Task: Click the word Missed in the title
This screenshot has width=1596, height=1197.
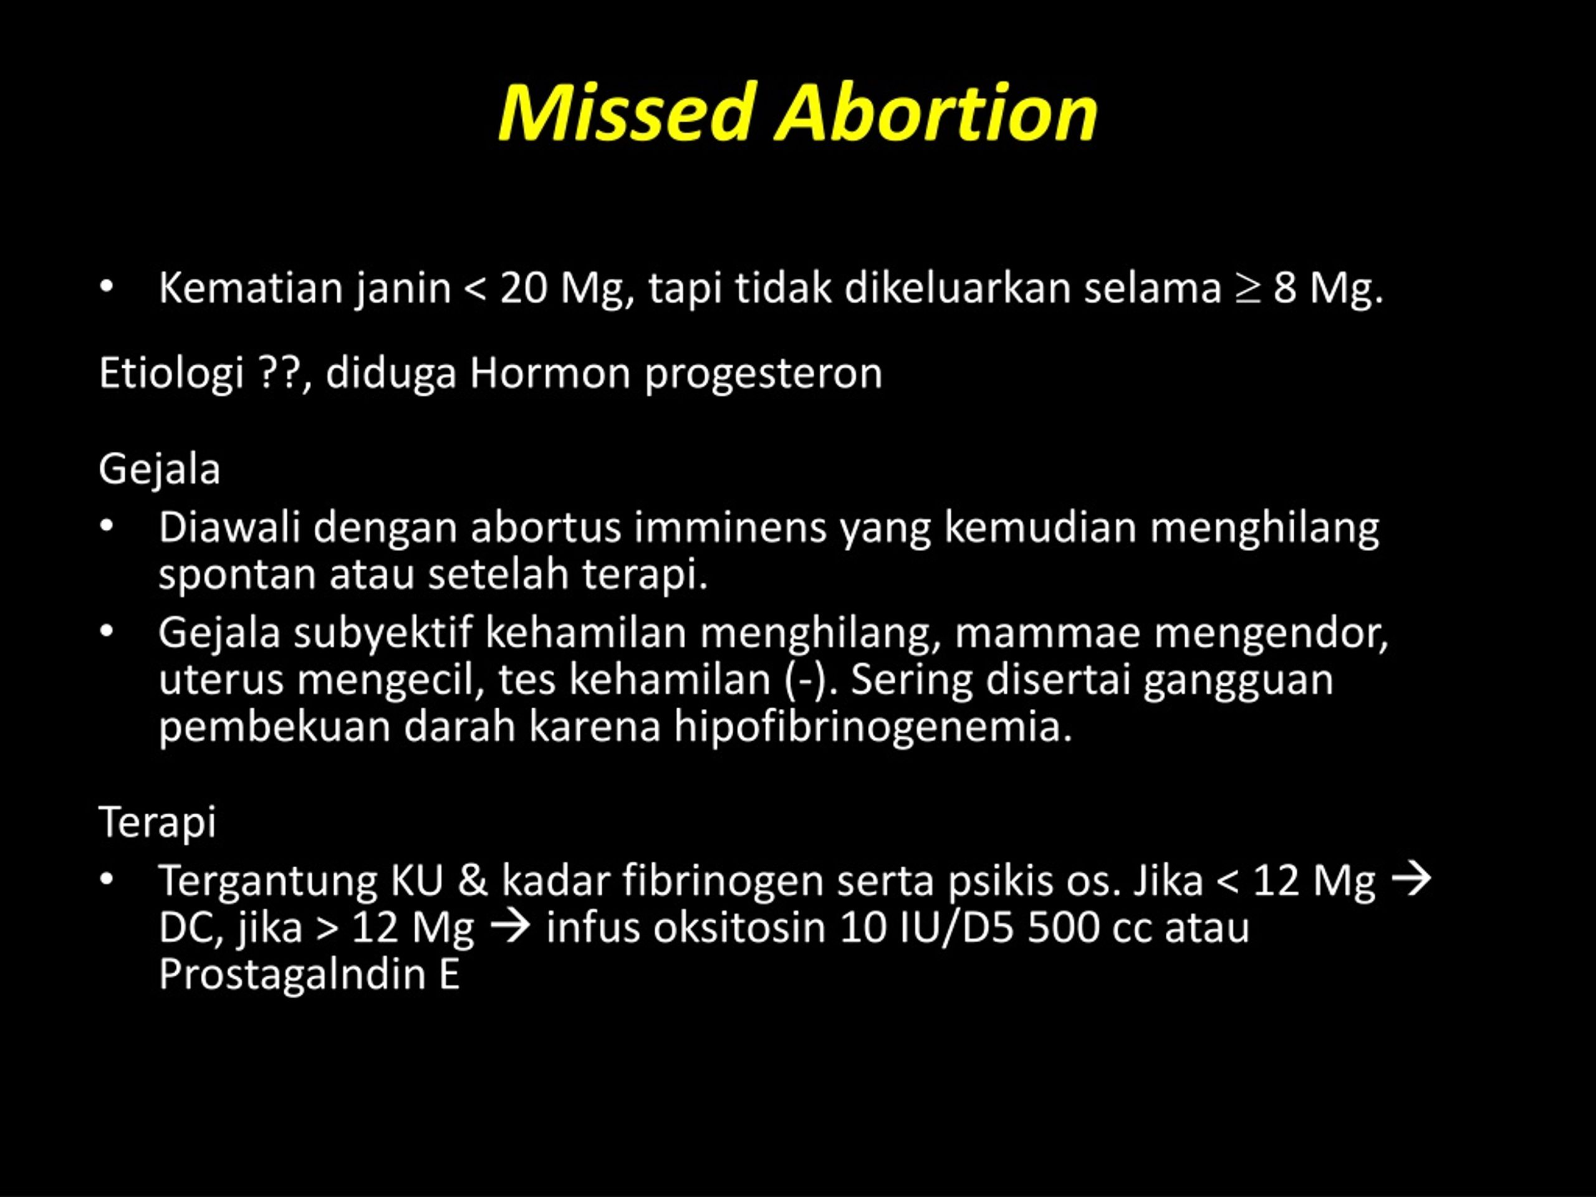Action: pos(628,113)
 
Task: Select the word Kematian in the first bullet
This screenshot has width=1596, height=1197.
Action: pos(251,288)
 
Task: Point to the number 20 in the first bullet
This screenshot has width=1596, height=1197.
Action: pos(524,288)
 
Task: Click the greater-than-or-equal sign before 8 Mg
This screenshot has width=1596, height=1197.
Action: pos(1247,289)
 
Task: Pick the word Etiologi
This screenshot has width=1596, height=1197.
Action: pos(171,373)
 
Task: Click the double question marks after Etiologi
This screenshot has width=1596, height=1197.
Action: pos(279,373)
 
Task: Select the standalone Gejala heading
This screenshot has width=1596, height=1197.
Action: pos(160,469)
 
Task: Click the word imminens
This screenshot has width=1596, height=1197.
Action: pos(730,527)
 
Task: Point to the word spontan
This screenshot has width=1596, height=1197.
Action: pos(238,575)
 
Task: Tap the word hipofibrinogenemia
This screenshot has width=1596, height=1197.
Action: pos(873,726)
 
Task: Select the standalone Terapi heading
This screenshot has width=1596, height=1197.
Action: pos(157,822)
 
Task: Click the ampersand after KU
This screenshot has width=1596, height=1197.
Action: pos(473,881)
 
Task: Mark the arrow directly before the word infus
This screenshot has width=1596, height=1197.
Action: pos(510,927)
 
